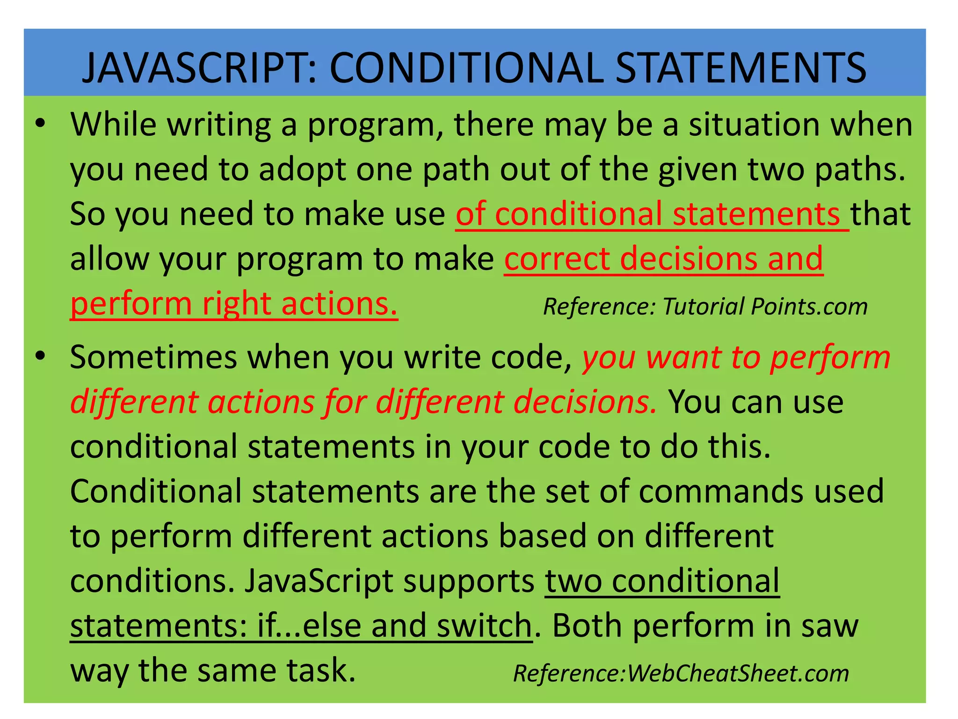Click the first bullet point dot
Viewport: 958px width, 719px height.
tap(41, 124)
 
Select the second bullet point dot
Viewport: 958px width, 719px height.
tap(41, 356)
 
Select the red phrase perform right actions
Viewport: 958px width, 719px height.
tap(234, 304)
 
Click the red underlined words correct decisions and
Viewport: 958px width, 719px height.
tap(663, 259)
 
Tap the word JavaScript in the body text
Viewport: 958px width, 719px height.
tap(318, 581)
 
